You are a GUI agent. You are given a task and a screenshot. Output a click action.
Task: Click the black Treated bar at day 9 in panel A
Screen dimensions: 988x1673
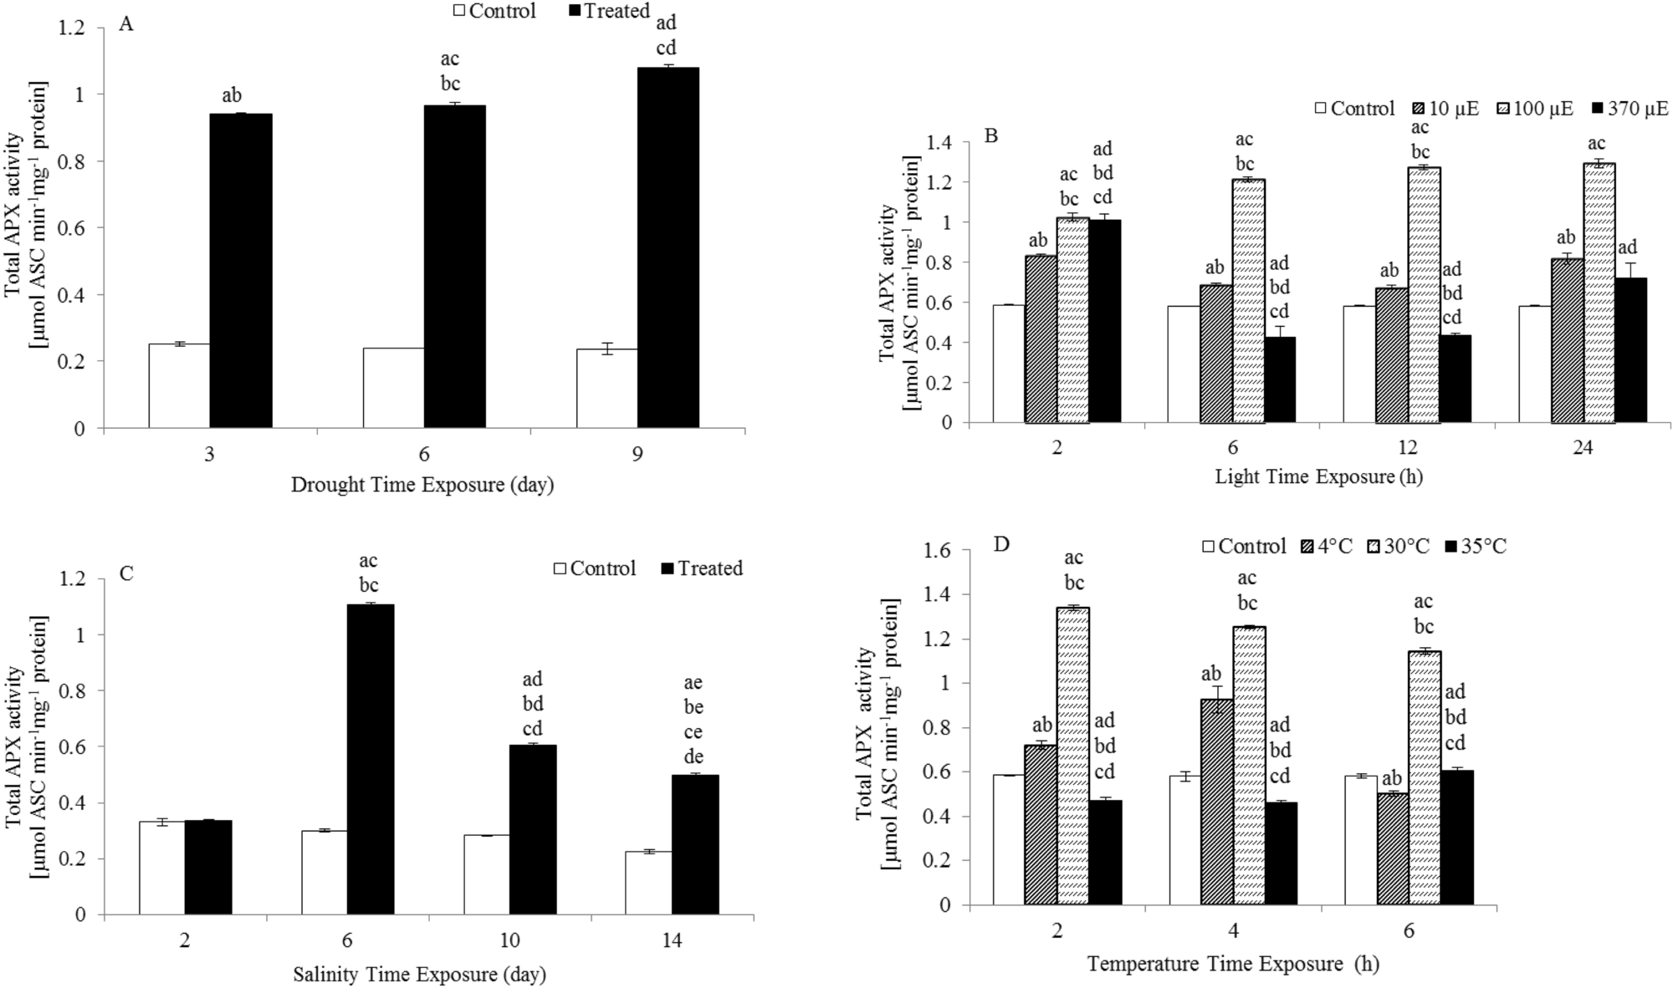[668, 248]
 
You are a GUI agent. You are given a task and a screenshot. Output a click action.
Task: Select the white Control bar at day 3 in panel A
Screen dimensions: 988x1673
[179, 385]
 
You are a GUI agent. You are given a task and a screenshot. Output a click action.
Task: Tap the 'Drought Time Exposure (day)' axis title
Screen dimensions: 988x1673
[422, 485]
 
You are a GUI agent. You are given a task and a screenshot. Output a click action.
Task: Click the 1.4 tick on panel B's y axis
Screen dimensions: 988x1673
[941, 143]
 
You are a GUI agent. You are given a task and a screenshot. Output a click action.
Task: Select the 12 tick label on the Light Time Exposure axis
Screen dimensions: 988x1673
[1408, 447]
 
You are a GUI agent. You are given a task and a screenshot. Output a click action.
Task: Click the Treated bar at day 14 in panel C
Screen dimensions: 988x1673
[695, 844]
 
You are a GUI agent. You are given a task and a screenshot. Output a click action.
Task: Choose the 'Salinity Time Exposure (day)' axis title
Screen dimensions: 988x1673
[419, 975]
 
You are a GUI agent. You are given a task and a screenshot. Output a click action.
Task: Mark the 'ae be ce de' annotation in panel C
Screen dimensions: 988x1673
[693, 720]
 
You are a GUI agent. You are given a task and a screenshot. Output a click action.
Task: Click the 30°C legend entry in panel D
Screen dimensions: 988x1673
[1396, 547]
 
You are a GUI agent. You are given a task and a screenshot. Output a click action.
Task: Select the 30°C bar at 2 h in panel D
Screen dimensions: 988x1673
[1073, 756]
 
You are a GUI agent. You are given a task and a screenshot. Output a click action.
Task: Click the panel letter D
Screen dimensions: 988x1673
[1001, 545]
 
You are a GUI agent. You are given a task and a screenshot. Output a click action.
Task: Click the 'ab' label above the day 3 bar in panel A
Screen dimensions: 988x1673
[232, 95]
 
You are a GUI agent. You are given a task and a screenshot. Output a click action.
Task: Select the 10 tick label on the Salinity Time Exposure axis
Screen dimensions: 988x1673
[509, 940]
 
